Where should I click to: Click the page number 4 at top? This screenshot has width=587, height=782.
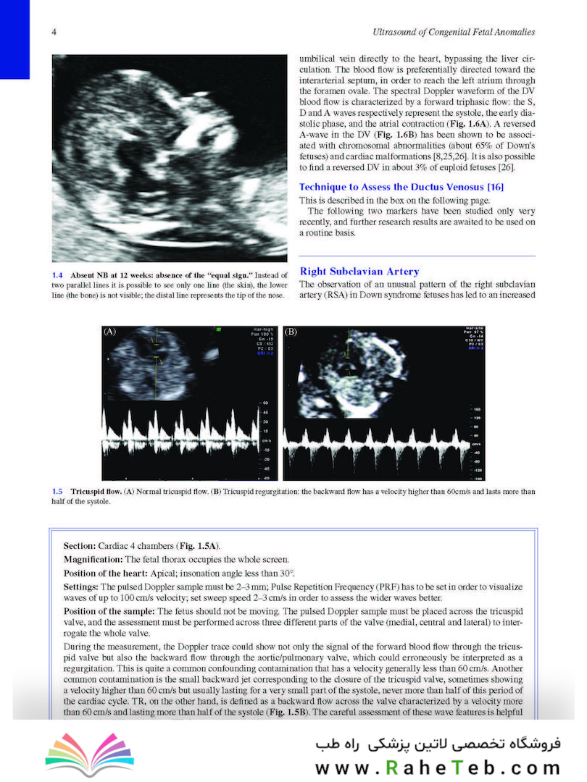tap(56, 32)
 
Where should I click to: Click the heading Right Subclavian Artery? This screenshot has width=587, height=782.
tap(359, 272)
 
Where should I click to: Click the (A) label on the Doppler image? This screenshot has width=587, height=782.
tap(110, 332)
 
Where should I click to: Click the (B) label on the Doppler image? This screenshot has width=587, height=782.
tap(291, 332)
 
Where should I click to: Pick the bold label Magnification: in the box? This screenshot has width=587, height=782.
tap(93, 559)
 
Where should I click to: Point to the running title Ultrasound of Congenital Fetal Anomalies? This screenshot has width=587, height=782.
tap(452, 32)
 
